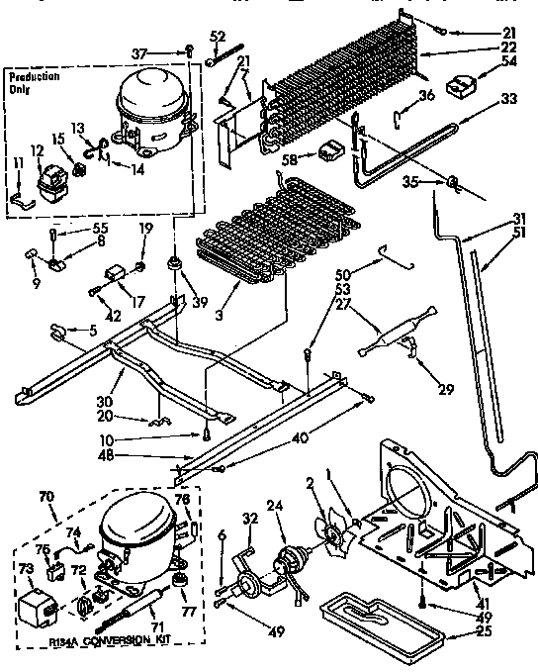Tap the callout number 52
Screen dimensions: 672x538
pyautogui.click(x=219, y=38)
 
